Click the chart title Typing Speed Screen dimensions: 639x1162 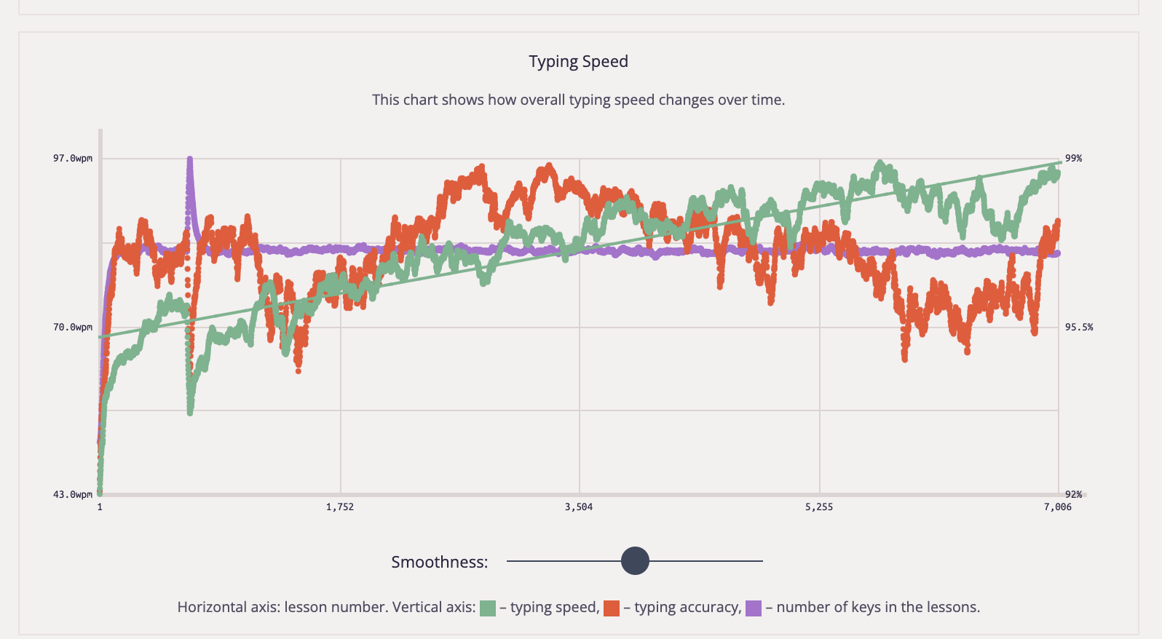578,62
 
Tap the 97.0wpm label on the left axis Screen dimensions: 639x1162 73,159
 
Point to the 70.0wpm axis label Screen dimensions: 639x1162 73,328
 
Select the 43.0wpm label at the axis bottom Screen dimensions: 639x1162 73,495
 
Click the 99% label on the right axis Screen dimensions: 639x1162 1073,159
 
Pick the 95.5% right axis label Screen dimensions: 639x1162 1078,328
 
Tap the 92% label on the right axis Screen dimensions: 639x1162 1074,495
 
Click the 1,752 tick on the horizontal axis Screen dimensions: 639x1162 340,507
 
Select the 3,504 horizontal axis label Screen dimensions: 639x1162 579,507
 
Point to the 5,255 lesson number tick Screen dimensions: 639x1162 819,507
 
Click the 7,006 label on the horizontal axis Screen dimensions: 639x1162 1057,507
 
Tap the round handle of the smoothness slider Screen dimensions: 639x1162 635,561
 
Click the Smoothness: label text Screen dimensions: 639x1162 439,562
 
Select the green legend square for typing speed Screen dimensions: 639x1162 488,608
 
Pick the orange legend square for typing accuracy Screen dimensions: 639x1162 612,608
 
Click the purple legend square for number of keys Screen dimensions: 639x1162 754,608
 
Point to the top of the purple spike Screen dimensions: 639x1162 190,159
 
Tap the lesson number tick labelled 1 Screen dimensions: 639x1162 100,507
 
